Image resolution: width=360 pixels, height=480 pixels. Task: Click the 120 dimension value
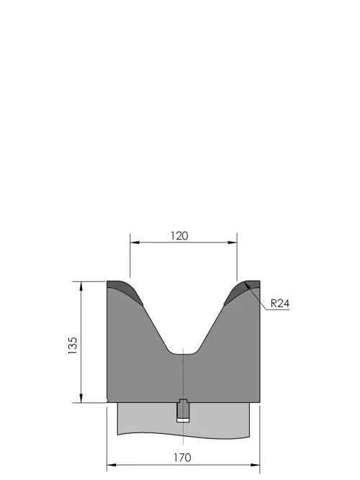(179, 236)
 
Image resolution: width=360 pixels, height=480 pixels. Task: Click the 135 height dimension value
(73, 345)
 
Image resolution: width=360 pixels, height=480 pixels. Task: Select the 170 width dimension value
(183, 458)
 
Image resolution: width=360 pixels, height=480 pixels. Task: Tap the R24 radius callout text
(280, 304)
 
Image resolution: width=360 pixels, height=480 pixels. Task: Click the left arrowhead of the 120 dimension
(135, 243)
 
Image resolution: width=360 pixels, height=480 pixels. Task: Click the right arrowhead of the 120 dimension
(233, 243)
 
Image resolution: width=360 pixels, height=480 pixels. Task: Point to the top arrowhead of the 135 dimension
(81, 286)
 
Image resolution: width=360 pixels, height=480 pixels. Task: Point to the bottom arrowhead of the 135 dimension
(81, 398)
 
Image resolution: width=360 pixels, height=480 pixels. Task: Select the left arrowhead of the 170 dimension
(112, 465)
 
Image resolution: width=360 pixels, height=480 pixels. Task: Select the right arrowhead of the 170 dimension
(255, 465)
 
